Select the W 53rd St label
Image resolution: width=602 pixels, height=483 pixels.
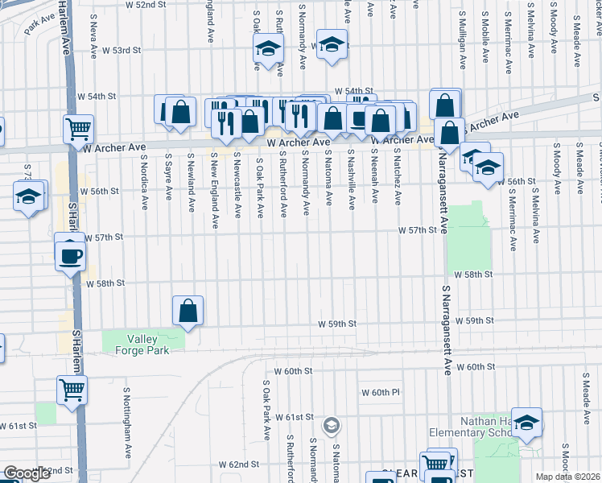(x=120, y=50)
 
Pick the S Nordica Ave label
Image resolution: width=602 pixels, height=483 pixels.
(x=146, y=178)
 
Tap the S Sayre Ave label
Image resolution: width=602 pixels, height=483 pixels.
(x=168, y=178)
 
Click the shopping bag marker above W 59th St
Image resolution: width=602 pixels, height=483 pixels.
(x=188, y=310)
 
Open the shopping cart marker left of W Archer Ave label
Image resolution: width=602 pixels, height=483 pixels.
(x=79, y=128)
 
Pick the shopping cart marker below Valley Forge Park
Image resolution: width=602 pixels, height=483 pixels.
(x=72, y=390)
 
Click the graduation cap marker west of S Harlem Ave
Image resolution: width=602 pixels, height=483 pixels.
(x=28, y=196)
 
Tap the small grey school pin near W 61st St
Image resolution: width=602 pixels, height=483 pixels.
(x=331, y=423)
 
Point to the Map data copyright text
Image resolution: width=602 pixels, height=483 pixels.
(x=567, y=477)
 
